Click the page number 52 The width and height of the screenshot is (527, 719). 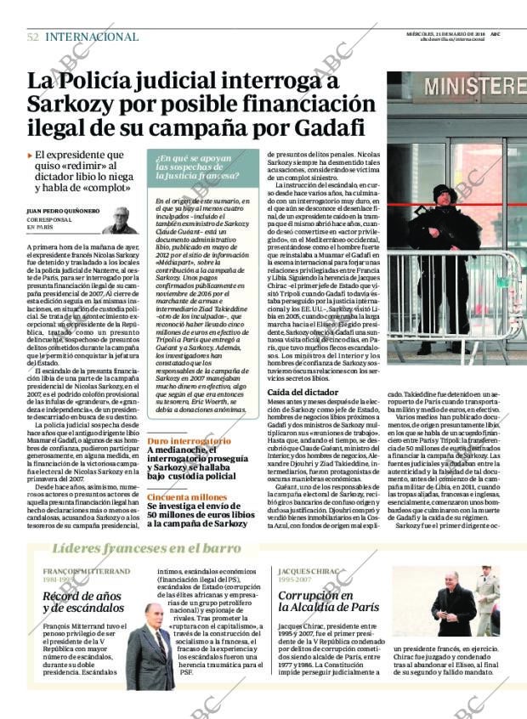pos(33,37)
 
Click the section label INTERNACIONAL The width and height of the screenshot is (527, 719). pos(91,37)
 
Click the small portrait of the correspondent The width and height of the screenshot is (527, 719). pos(120,220)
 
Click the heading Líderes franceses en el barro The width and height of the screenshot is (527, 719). pos(146,548)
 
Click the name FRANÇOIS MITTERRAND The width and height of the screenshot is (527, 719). pos(84,572)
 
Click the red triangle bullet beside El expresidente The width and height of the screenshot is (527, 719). pos(30,156)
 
